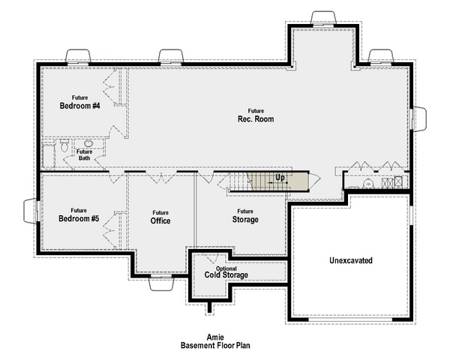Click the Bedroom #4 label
(x=79, y=106)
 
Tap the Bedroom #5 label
(x=79, y=218)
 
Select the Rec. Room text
(x=256, y=118)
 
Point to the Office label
(x=160, y=220)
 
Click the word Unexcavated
(x=351, y=260)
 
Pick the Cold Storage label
(x=226, y=275)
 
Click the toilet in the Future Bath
(x=64, y=146)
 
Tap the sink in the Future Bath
(x=88, y=143)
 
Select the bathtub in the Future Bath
(x=48, y=155)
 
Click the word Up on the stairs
(x=280, y=178)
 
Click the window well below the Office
(x=161, y=283)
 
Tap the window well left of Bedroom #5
(x=30, y=211)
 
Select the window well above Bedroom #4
(x=78, y=55)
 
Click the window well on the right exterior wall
(x=419, y=118)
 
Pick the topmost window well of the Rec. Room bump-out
(x=323, y=18)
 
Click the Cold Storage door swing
(x=211, y=258)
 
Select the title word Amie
(x=215, y=337)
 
